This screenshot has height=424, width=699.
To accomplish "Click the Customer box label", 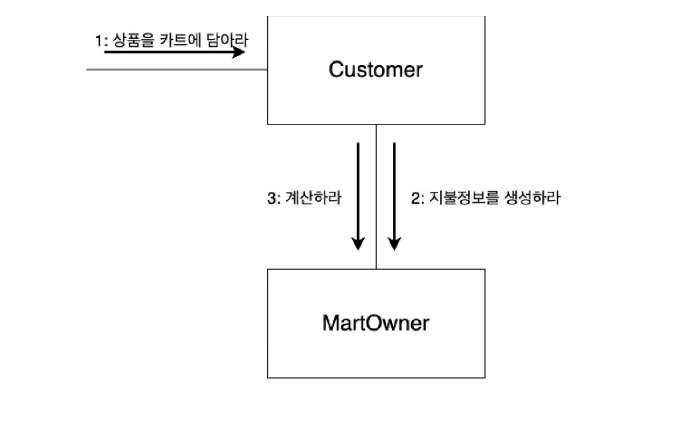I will coord(376,70).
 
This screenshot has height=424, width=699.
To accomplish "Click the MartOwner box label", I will coord(376,323).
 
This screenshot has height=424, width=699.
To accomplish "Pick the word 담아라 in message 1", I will coord(227,40).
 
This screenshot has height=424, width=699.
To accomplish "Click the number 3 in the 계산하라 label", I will coord(271,198).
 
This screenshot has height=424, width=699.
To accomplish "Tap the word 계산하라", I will coord(313,198).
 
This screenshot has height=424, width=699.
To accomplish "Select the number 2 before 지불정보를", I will coord(415,198).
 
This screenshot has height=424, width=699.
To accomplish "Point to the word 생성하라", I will coord(532,198).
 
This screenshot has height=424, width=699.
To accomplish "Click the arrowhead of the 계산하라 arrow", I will coord(358,244).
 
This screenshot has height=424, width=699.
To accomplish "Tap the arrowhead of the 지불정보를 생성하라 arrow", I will coord(394,244).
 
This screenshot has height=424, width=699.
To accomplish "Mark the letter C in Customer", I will coord(336,70).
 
